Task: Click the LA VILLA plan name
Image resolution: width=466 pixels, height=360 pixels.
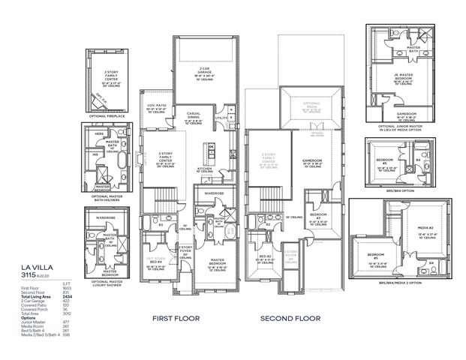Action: point(37,265)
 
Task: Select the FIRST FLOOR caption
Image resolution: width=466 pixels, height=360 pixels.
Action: point(177,318)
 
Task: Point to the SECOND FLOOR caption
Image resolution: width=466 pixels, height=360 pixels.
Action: point(290,318)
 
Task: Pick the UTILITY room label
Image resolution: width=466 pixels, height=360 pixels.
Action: point(220,118)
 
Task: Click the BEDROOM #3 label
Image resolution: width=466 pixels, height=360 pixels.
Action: point(316,218)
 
